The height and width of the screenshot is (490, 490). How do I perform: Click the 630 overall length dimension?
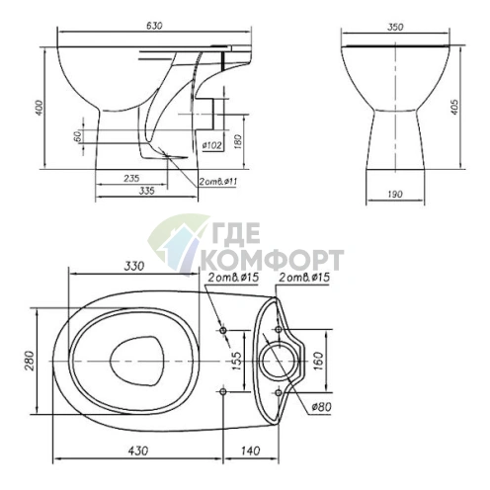click(x=154, y=26)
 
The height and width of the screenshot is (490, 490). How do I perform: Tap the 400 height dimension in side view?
click(x=40, y=108)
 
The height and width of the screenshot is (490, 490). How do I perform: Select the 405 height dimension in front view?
click(x=454, y=107)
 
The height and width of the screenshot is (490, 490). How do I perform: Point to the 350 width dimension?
click(x=395, y=27)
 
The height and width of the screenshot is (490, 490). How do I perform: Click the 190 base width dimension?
click(x=395, y=194)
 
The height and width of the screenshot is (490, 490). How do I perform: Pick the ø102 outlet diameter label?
click(x=211, y=145)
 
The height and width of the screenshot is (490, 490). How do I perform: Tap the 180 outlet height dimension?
click(x=238, y=141)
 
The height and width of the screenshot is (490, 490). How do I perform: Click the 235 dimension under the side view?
click(x=131, y=178)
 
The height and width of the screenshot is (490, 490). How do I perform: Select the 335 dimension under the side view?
click(x=146, y=191)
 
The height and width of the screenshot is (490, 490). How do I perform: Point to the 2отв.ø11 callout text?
click(x=217, y=182)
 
